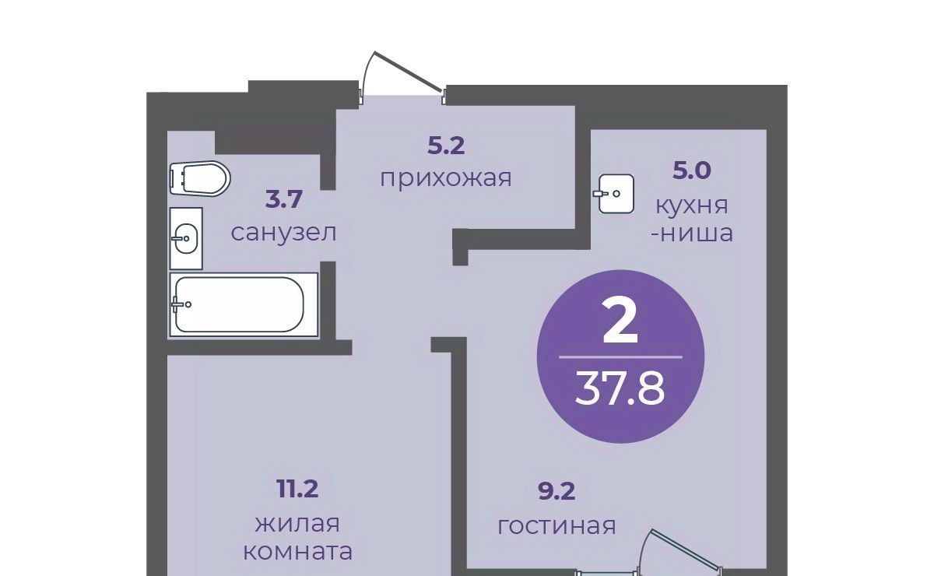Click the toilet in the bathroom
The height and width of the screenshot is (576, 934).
click(200, 178)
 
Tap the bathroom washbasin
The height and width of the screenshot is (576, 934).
click(186, 239)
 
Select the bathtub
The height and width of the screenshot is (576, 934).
click(244, 304)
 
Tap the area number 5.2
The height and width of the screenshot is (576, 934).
click(446, 146)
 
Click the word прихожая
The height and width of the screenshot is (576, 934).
click(446, 178)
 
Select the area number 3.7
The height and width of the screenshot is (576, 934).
click(283, 199)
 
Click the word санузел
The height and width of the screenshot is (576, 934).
click(283, 233)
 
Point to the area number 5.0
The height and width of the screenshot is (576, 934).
click(692, 171)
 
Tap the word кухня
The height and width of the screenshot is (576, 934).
click(692, 206)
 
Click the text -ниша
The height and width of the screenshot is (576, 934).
click(692, 234)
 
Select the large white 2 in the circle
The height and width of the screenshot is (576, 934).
click(620, 322)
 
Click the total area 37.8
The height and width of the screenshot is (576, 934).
click(620, 389)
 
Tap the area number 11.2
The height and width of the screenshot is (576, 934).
click(297, 490)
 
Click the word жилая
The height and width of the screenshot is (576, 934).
click(297, 525)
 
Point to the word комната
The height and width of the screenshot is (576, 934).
click(297, 552)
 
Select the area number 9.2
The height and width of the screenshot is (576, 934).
click(557, 492)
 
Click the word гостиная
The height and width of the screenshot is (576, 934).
click(557, 526)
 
